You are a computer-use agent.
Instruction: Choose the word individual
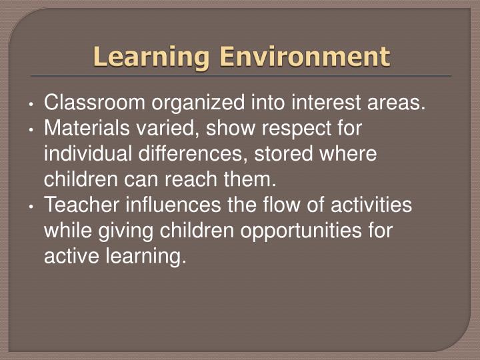click(x=91, y=154)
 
